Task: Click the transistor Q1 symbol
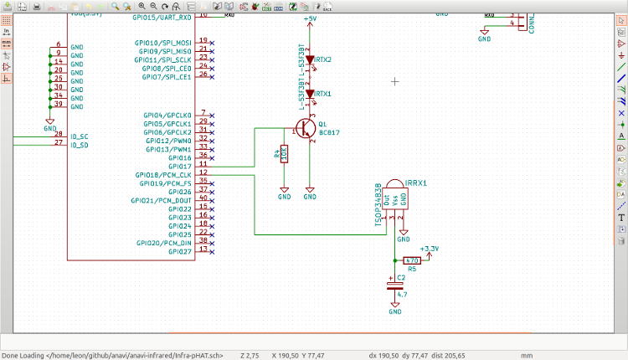[306, 128]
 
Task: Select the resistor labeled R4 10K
[285, 154]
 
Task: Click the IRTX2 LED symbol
[309, 60]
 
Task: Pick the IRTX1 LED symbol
[309, 95]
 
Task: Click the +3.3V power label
[429, 249]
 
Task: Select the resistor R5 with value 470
[412, 260]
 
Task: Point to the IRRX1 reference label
[416, 183]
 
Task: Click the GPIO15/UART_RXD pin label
[162, 17]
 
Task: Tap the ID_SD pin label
[79, 145]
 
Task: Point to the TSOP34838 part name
[378, 205]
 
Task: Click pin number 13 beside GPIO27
[203, 249]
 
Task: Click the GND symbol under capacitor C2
[394, 309]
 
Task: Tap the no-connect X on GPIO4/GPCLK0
[213, 114]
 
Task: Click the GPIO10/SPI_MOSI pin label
[162, 42]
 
